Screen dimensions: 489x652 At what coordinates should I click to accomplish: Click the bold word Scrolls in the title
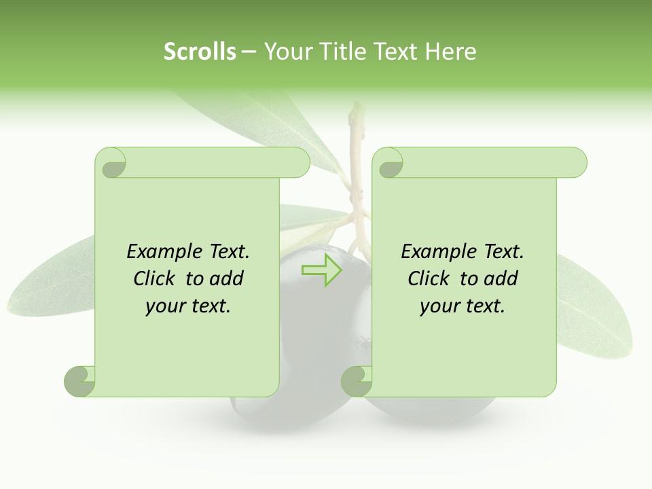[x=200, y=52]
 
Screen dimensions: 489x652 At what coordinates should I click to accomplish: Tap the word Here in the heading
[x=451, y=52]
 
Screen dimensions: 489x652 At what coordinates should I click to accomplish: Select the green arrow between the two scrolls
[x=321, y=270]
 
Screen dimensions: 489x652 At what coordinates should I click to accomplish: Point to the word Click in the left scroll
[x=156, y=278]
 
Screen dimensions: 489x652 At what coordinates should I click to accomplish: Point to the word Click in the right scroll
[x=430, y=278]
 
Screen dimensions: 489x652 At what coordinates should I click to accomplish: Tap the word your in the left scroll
[x=165, y=306]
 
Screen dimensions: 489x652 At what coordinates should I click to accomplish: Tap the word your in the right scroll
[x=439, y=306]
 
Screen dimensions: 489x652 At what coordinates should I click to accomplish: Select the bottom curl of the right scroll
[x=357, y=381]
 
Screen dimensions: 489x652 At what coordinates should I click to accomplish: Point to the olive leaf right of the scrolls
[x=598, y=299]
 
